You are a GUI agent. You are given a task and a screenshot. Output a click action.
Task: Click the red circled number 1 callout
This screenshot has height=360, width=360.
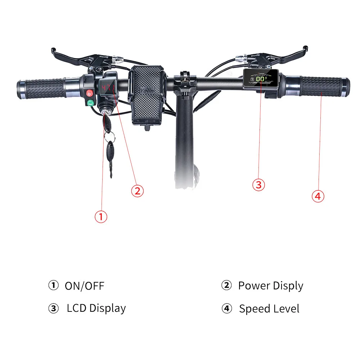click(x=101, y=216)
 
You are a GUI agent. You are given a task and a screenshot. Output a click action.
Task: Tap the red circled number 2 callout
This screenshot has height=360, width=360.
click(x=137, y=190)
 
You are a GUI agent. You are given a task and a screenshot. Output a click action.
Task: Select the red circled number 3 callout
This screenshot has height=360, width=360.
click(x=258, y=185)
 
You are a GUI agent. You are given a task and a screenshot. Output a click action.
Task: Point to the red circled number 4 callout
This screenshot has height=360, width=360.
click(x=318, y=196)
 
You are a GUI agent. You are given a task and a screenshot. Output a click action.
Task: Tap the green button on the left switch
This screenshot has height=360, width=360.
click(x=90, y=103)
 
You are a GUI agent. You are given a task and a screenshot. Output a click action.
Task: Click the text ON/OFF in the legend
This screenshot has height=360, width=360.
click(x=84, y=286)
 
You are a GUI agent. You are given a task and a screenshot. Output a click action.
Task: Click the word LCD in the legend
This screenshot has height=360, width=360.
click(x=77, y=309)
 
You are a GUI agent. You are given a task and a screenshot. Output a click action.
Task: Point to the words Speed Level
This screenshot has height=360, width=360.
click(x=269, y=309)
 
